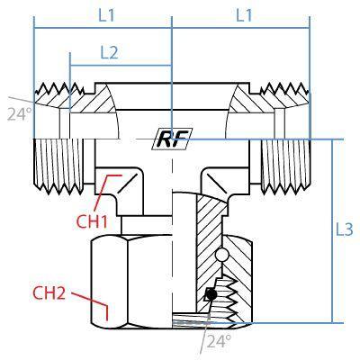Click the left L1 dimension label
pyautogui.click(x=107, y=15)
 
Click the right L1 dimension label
pyautogui.click(x=244, y=15)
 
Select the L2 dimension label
pyautogui.click(x=109, y=53)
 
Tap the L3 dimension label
pyautogui.click(x=344, y=229)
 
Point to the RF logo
pyautogui.click(x=172, y=139)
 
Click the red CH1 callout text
pyautogui.click(x=92, y=222)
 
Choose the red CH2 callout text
pyautogui.click(x=49, y=292)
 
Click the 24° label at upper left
pyautogui.click(x=19, y=114)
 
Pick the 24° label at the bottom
pyautogui.click(x=220, y=341)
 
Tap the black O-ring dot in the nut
pyautogui.click(x=211, y=294)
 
